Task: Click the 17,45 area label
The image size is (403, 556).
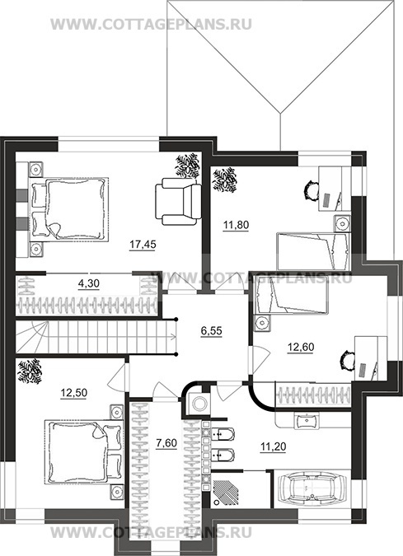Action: [143, 245]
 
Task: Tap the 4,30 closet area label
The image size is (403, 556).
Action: [89, 283]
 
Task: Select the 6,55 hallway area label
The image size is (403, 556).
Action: [212, 331]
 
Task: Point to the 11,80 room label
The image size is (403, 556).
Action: [236, 225]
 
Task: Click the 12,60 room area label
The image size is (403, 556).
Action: [301, 347]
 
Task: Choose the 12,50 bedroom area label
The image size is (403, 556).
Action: [74, 393]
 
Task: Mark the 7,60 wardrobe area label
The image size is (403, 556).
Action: [166, 443]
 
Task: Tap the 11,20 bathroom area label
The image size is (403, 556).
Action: [273, 447]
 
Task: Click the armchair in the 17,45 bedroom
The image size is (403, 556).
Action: [178, 202]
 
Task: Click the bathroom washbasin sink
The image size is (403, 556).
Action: [307, 421]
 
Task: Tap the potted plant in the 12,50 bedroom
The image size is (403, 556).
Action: [30, 371]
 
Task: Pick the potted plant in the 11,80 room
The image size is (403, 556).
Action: [224, 180]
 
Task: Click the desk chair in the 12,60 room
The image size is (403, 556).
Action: [347, 361]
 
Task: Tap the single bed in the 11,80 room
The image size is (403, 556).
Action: [313, 251]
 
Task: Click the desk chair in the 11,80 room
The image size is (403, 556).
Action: [311, 191]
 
